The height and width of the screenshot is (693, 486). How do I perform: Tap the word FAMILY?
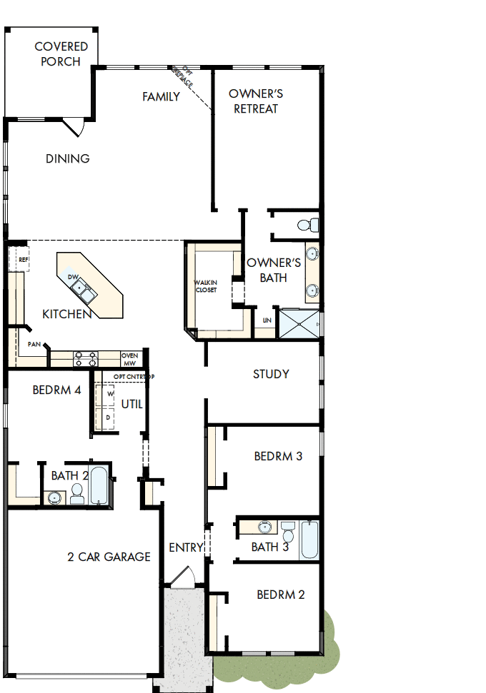(161, 96)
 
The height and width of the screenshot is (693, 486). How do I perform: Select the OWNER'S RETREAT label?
(256, 101)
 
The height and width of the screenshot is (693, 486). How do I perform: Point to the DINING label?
(68, 158)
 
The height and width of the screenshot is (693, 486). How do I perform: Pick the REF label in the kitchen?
(24, 260)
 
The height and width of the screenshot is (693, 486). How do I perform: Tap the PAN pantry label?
(34, 344)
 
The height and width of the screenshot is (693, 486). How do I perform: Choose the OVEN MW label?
(130, 359)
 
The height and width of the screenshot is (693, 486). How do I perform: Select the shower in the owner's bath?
(299, 323)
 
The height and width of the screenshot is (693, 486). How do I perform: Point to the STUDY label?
(271, 374)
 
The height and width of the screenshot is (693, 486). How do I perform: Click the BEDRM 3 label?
(278, 456)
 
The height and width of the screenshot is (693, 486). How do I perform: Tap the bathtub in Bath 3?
(309, 540)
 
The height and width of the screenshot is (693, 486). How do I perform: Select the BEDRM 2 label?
(281, 594)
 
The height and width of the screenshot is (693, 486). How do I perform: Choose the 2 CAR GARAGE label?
(109, 557)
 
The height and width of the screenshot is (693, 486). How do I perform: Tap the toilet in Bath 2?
(77, 493)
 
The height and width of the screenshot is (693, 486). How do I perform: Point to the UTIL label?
(132, 404)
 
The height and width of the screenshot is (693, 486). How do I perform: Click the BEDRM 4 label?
(56, 390)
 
